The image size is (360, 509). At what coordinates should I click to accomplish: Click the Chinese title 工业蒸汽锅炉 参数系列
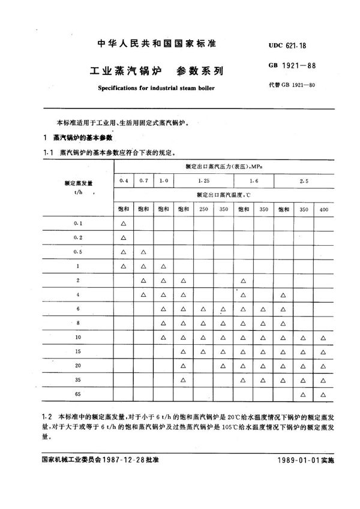tap(147, 70)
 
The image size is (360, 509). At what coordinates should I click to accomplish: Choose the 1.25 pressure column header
tap(203, 179)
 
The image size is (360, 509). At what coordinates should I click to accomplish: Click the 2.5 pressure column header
tap(304, 179)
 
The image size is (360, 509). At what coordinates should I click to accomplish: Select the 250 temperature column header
tap(203, 209)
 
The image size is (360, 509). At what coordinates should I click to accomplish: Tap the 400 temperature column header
tap(323, 209)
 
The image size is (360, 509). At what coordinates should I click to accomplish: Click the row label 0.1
tap(78, 224)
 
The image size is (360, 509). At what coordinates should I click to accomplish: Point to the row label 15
tap(78, 351)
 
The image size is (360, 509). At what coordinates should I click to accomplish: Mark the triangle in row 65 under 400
tap(323, 394)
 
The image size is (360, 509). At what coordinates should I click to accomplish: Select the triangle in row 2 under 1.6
tap(243, 280)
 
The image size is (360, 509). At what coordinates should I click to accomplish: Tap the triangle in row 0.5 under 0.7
tap(143, 252)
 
